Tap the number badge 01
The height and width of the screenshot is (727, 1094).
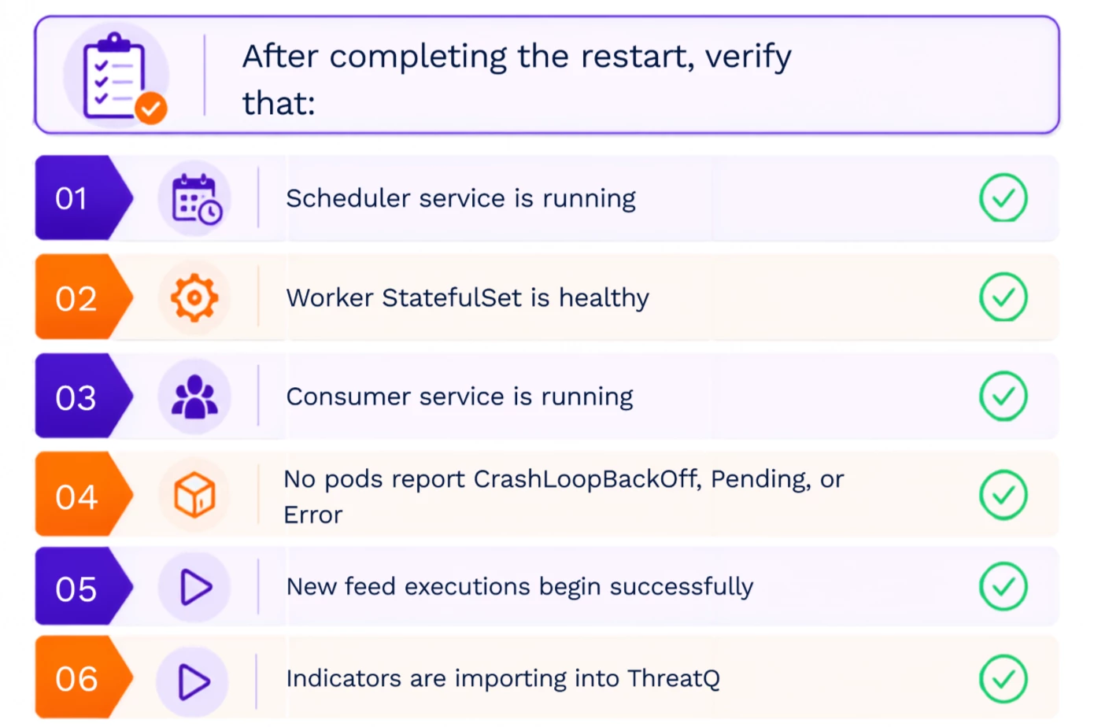pyautogui.click(x=83, y=198)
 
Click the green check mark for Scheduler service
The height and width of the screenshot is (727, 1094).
pyautogui.click(x=1003, y=197)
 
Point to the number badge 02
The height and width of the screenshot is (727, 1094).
pyautogui.click(x=83, y=297)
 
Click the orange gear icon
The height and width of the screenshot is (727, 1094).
pyautogui.click(x=194, y=297)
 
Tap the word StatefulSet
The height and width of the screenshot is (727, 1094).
pyautogui.click(x=452, y=297)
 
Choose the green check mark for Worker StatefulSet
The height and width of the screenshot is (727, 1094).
pyautogui.click(x=1003, y=297)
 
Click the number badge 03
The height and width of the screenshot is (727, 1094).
pyautogui.click(x=83, y=396)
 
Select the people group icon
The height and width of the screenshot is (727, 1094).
pyautogui.click(x=194, y=397)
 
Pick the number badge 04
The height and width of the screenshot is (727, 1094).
pyautogui.click(x=83, y=495)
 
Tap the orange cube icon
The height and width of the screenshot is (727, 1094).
pyautogui.click(x=194, y=495)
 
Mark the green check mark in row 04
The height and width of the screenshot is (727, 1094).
pyautogui.click(x=1003, y=495)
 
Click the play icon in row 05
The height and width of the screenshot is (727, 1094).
pyautogui.click(x=196, y=587)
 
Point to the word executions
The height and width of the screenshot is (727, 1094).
pyautogui.click(x=467, y=586)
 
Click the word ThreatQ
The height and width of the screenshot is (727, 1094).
pyautogui.click(x=674, y=679)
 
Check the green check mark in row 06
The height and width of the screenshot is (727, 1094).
pyautogui.click(x=1003, y=679)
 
